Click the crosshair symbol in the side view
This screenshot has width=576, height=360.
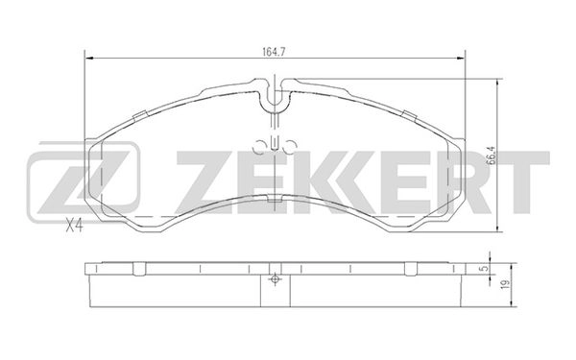click(276, 280)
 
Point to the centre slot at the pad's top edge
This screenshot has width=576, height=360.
click(275, 98)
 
